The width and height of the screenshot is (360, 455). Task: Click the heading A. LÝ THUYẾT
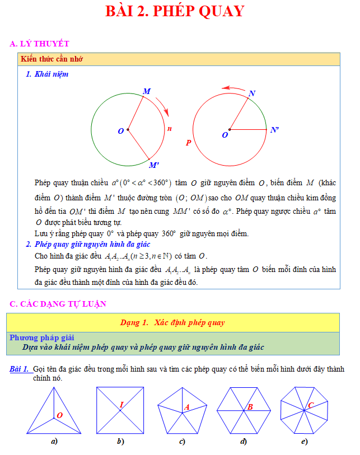pos(40,44)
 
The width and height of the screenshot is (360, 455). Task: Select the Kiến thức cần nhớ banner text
pos(52,59)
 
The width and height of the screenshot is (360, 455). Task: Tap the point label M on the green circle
pos(146,91)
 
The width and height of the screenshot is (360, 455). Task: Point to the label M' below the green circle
pos(154,165)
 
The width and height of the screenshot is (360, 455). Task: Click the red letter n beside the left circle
pos(170,129)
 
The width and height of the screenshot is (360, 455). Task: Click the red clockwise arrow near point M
pos(162,105)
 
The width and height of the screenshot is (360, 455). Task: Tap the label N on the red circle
pos(253,93)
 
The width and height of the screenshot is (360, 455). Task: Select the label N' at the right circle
pos(274,130)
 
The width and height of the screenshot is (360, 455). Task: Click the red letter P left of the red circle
pos(189,143)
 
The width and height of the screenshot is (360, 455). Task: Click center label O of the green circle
pos(120,131)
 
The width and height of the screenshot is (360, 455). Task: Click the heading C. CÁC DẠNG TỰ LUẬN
pos(58,304)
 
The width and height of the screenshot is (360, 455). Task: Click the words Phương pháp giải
pos(42,337)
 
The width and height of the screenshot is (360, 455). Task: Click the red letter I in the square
pos(121,404)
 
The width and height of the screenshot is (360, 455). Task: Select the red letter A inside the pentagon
pos(187,407)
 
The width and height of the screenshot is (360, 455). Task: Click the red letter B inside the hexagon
pos(250,407)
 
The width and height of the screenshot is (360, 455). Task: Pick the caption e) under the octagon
pos(304,442)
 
